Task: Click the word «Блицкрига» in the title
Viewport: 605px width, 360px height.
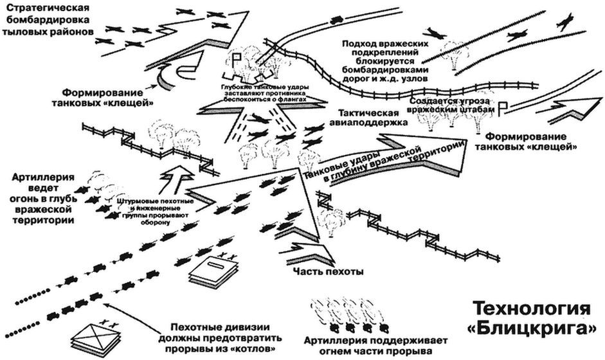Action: click(535, 328)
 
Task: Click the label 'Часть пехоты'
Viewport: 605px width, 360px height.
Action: click(328, 271)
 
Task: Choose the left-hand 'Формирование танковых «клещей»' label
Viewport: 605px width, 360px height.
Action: click(110, 96)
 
